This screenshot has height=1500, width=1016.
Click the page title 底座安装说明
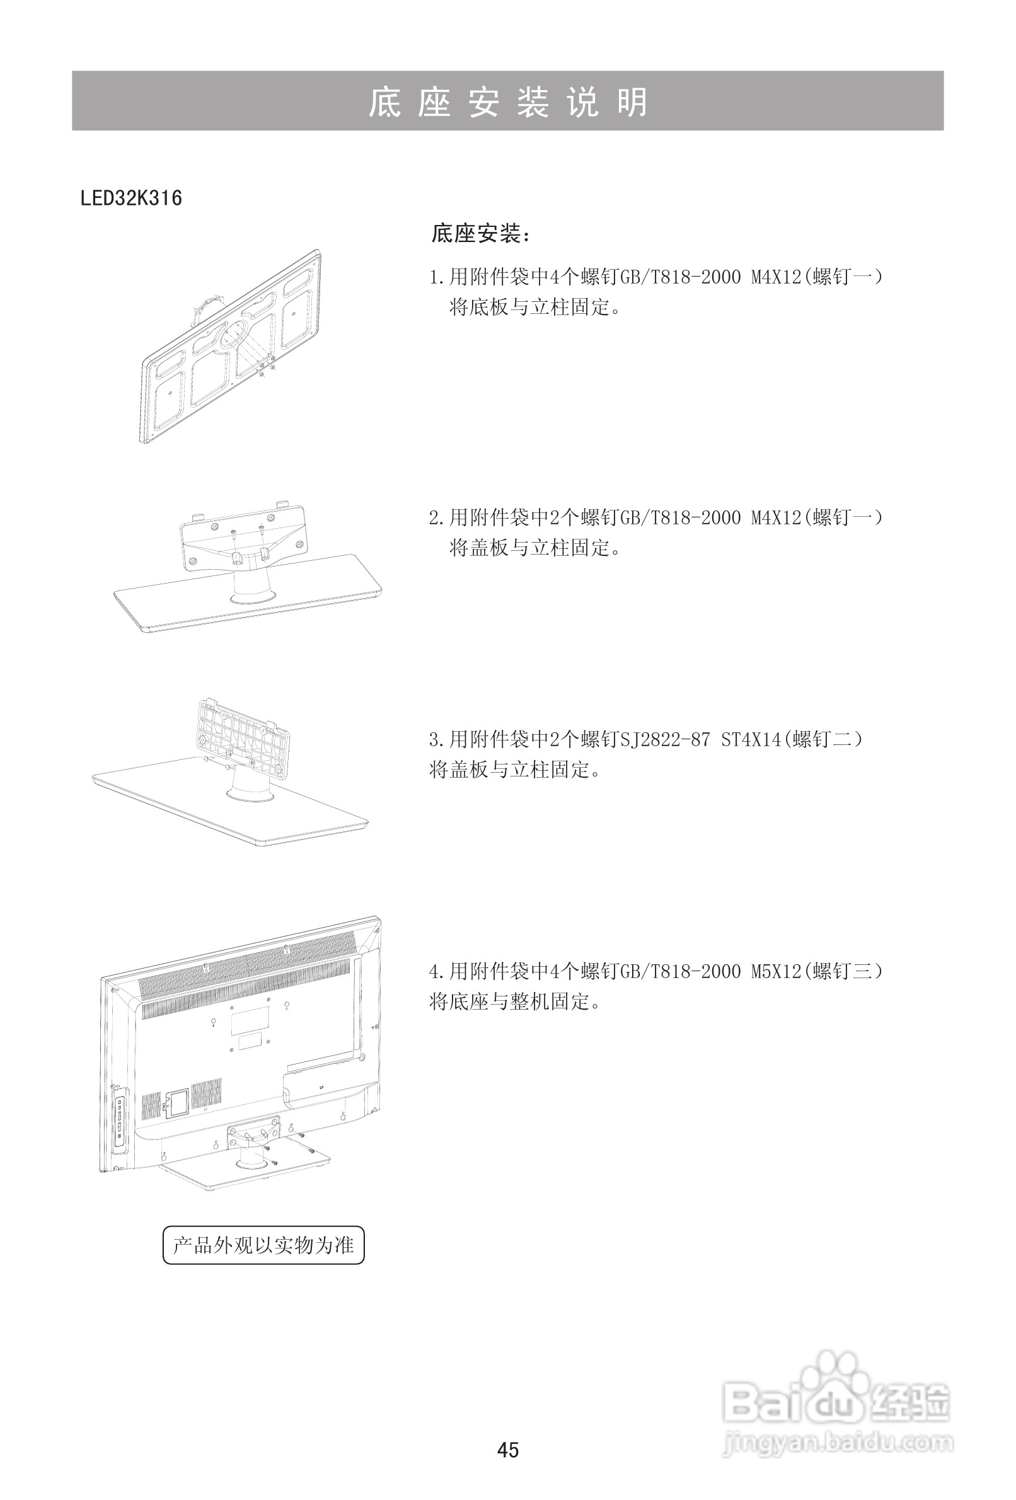[507, 102]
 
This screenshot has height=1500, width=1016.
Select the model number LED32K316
[131, 198]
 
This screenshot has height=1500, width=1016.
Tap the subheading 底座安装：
[480, 234]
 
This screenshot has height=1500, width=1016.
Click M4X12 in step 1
[775, 277]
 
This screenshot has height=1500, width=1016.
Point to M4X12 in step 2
[775, 517]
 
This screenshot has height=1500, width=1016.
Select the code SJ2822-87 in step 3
[664, 739]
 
